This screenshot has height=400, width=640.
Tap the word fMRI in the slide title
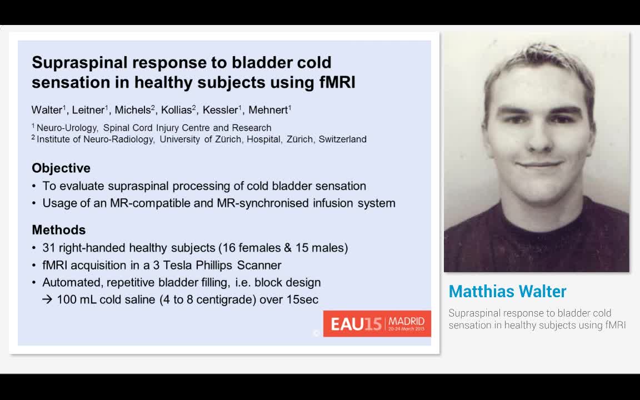pos(338,82)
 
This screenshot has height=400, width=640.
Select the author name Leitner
pos(88,110)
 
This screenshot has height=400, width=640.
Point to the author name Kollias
pos(176,110)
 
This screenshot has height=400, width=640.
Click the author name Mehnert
pos(268,110)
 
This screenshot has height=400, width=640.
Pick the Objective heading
pos(61,168)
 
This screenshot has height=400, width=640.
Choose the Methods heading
pos(59,230)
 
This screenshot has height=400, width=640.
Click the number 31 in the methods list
pos(48,248)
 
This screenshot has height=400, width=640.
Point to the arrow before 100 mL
pos(47,299)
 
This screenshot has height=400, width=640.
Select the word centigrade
pos(226,300)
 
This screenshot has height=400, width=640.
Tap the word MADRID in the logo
pos(407,321)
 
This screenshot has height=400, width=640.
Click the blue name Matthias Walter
pos(507,292)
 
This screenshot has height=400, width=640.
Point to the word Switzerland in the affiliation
pos(342,139)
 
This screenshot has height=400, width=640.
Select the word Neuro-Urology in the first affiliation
pos(67,128)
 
